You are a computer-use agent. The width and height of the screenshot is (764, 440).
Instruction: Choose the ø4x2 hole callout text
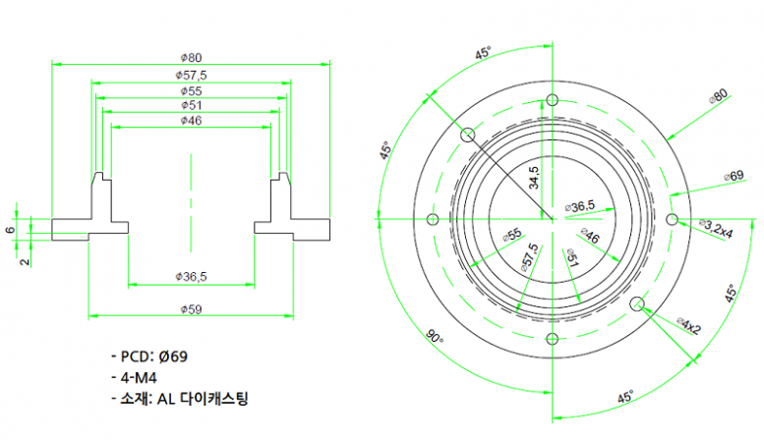(x=688, y=322)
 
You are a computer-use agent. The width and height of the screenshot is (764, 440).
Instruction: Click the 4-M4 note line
(x=140, y=377)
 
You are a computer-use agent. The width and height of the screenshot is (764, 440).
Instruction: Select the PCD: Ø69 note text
(x=155, y=356)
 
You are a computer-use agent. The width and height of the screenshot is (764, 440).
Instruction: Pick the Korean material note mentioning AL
(x=180, y=399)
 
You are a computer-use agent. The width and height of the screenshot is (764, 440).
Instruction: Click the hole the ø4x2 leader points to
(x=637, y=302)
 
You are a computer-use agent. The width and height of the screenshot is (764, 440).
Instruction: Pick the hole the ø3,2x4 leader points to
(x=673, y=218)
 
